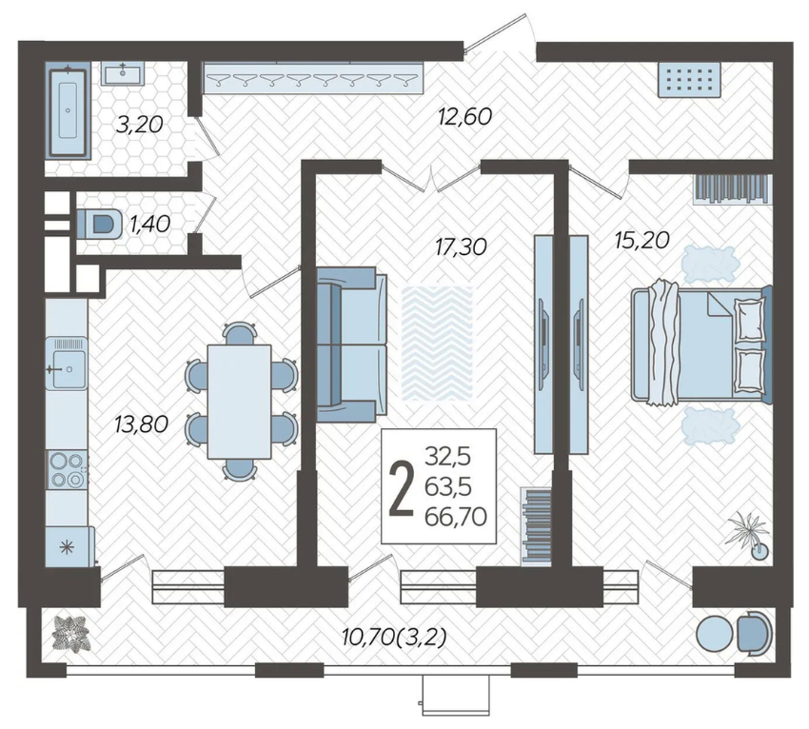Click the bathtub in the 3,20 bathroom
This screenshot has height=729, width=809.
click(x=68, y=112)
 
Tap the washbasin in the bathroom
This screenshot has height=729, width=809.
click(x=123, y=72)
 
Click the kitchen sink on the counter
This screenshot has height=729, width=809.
click(x=66, y=364)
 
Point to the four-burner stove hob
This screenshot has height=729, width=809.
click(x=66, y=469)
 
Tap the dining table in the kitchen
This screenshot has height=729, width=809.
click(x=240, y=402)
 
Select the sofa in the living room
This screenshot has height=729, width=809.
click(x=351, y=345)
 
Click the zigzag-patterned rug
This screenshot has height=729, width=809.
click(x=438, y=344)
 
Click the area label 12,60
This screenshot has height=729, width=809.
click(x=464, y=117)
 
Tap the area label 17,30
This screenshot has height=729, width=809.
click(x=461, y=246)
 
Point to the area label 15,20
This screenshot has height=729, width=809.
click(x=642, y=240)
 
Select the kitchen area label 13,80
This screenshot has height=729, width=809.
click(x=142, y=424)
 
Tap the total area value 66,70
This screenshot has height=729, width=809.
click(x=456, y=517)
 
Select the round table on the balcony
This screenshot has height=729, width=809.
click(x=714, y=633)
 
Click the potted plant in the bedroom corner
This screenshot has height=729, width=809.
click(x=750, y=535)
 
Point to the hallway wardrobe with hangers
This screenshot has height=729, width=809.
click(x=313, y=78)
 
